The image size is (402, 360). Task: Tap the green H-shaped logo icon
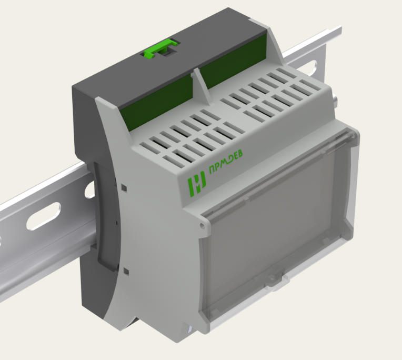(x=197, y=183)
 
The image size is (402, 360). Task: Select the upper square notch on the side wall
(x=124, y=188)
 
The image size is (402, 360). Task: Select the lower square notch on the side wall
(x=126, y=271)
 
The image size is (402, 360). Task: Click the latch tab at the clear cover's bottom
(x=276, y=278)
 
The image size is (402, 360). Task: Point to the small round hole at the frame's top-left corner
(x=202, y=226)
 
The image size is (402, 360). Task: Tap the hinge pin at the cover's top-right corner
(x=353, y=135)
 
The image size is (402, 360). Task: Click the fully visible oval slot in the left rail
(x=44, y=216)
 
